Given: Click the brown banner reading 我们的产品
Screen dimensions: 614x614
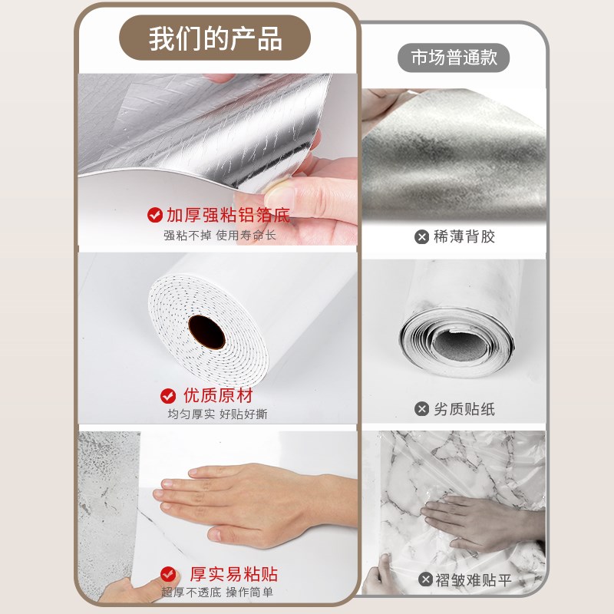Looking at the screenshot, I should coord(216,38).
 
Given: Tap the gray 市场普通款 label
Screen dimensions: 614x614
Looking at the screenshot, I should coord(454,58).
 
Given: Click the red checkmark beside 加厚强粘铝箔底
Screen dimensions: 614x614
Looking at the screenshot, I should coord(154,215).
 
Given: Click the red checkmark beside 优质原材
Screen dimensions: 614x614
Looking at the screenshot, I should coord(168,396).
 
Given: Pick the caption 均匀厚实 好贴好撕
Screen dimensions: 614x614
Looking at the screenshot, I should coord(217,414).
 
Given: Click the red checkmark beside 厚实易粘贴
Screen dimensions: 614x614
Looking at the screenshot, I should coord(168,574).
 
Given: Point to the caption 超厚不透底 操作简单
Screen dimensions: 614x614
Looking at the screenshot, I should coord(217,593).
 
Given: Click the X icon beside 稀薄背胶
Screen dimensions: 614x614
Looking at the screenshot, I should coord(421,237).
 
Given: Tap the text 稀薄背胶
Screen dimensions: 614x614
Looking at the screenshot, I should coord(464,237).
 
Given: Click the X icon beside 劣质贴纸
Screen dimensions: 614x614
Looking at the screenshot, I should coord(421,409).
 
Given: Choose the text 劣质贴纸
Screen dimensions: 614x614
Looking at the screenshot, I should coord(464,409).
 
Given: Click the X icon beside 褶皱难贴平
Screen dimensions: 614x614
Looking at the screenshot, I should coord(425,580).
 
